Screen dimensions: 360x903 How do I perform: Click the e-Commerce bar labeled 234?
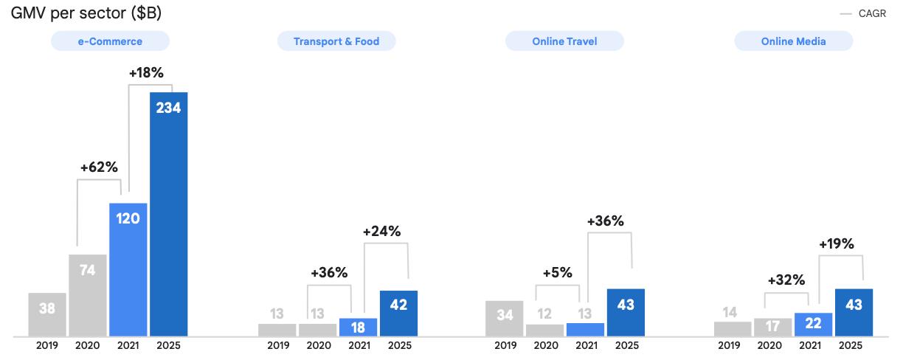coord(169,214)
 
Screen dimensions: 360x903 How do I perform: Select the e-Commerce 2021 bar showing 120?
coord(128,269)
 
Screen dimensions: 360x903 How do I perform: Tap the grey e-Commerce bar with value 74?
coord(88,295)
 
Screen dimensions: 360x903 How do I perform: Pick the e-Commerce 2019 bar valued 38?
coord(47,314)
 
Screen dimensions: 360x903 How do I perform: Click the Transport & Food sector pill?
coord(336,41)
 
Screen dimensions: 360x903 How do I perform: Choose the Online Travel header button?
coord(564,41)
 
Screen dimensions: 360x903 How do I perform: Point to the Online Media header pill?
coord(794,41)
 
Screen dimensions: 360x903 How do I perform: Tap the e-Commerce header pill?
coord(110,41)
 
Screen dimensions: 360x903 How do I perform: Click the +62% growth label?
coord(99,167)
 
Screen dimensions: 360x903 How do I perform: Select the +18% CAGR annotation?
coord(146,73)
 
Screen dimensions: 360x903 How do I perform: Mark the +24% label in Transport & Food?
coord(381,231)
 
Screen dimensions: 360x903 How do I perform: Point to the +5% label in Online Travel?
coord(557,272)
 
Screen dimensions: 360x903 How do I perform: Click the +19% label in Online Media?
coord(837,244)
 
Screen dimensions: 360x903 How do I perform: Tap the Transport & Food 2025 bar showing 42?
coord(398,313)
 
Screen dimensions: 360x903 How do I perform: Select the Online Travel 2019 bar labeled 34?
coord(505,318)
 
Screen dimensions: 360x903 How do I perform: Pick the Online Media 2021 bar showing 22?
coord(813,325)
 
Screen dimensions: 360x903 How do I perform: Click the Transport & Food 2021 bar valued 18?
coord(359,327)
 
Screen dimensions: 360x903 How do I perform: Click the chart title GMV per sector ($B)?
coord(86,13)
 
